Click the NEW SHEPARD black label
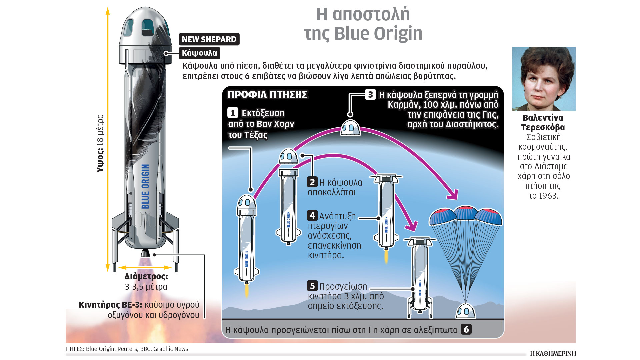click(x=209, y=39)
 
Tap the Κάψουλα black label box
click(x=199, y=53)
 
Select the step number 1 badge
click(x=233, y=113)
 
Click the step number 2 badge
click(x=312, y=182)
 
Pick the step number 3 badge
click(x=370, y=95)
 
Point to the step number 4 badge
click(x=312, y=216)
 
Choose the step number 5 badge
click(x=312, y=286)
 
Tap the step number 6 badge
click(x=466, y=329)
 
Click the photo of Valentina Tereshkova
click(x=544, y=79)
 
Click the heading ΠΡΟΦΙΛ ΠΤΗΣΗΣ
click(x=267, y=95)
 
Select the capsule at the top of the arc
click(x=350, y=127)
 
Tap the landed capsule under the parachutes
click(x=465, y=311)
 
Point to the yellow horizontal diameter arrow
click(x=145, y=267)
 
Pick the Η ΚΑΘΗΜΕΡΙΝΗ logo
click(x=553, y=353)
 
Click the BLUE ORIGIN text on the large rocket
click(x=145, y=187)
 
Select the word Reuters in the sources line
click(x=127, y=349)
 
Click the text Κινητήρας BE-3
click(x=110, y=305)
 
